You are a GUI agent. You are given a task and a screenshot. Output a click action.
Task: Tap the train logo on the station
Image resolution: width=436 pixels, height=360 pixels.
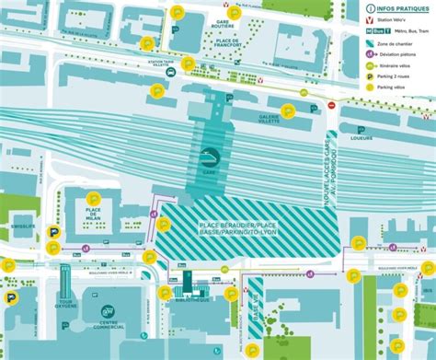[208, 156]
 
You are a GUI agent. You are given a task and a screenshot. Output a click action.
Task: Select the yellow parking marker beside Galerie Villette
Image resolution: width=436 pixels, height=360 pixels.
[289, 111]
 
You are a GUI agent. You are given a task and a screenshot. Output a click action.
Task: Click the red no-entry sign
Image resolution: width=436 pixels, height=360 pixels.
[332, 106]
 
